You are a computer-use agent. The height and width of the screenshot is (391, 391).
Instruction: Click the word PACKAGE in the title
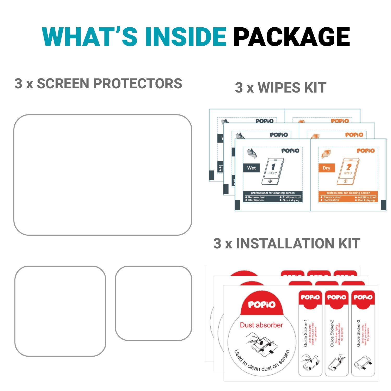(291, 37)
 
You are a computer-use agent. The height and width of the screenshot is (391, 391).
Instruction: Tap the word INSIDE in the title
(186, 37)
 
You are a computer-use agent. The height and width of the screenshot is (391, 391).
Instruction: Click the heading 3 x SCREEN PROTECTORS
(98, 84)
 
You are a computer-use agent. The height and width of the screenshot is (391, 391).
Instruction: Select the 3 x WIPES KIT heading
(280, 88)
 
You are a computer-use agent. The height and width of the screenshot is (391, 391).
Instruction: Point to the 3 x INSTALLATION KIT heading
(287, 244)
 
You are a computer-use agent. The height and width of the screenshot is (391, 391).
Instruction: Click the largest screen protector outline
(103, 175)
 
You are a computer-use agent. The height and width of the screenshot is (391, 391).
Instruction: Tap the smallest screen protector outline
(154, 303)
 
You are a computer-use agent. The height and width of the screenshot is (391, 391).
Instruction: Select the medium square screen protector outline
(60, 311)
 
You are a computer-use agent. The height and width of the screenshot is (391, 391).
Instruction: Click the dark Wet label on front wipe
(252, 168)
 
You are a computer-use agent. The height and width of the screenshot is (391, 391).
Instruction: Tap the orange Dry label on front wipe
(326, 168)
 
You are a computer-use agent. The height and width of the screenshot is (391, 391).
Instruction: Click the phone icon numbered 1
(272, 171)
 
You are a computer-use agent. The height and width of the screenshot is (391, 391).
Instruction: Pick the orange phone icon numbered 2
(348, 171)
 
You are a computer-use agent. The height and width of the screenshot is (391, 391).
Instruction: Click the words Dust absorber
(261, 325)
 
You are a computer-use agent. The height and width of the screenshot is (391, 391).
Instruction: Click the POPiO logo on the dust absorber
(262, 304)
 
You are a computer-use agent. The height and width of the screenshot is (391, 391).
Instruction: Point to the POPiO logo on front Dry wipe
(365, 151)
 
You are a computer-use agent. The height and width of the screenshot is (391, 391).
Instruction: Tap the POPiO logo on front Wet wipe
(290, 151)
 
